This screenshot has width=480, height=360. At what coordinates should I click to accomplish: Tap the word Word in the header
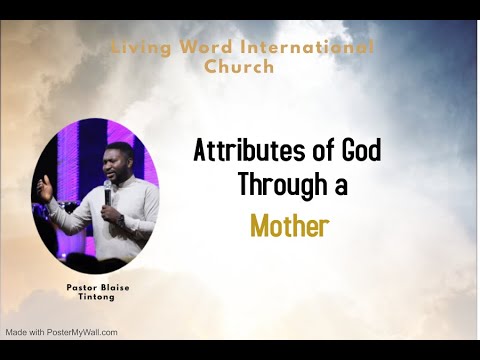click(x=202, y=48)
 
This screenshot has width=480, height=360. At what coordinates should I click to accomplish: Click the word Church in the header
click(x=239, y=68)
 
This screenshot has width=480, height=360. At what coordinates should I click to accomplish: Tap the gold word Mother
click(x=290, y=226)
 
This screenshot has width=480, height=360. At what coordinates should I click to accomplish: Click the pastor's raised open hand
click(x=44, y=186)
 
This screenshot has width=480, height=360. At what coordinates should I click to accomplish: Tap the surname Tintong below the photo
click(x=96, y=298)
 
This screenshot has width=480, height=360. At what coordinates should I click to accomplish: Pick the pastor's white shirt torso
click(x=125, y=215)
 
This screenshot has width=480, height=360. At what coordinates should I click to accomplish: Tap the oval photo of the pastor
click(x=96, y=199)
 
